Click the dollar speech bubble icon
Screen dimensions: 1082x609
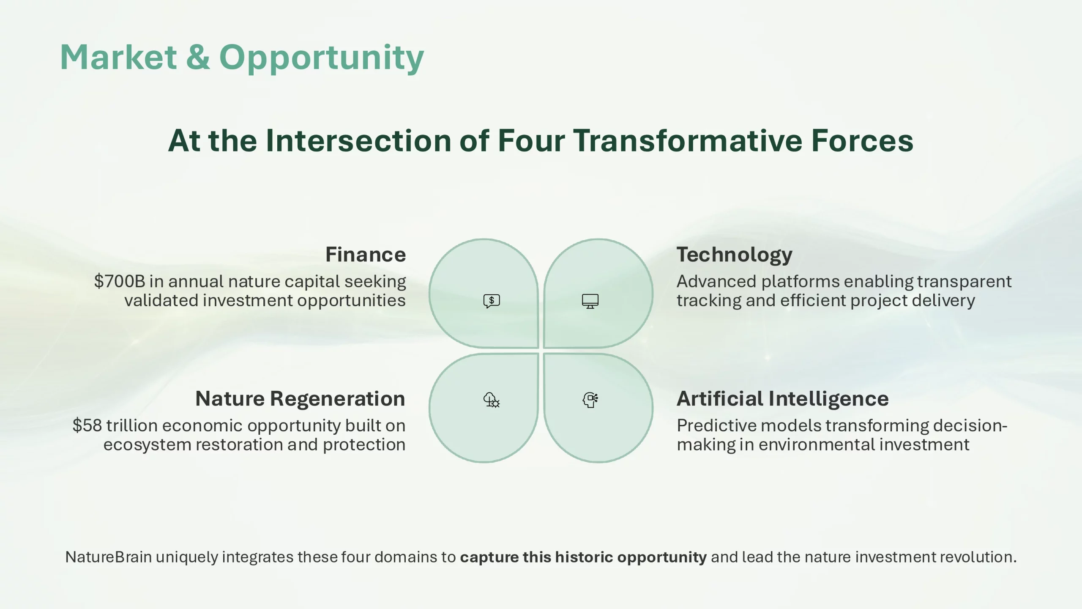click(x=492, y=301)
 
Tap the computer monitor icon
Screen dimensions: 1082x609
click(x=590, y=301)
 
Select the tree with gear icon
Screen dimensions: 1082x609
click(x=492, y=400)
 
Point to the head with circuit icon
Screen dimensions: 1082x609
click(x=590, y=400)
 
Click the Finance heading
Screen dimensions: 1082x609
click(x=366, y=255)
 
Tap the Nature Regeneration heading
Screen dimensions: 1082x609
click(x=300, y=399)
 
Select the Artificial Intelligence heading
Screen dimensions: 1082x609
click(x=783, y=399)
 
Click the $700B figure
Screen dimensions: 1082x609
click(x=120, y=281)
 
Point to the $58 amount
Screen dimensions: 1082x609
click(x=87, y=425)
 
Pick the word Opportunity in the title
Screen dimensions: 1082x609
click(x=322, y=59)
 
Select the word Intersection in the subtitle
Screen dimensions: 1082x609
click(x=358, y=140)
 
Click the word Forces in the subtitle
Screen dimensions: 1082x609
click(x=862, y=140)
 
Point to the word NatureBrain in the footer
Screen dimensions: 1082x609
click(x=109, y=557)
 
